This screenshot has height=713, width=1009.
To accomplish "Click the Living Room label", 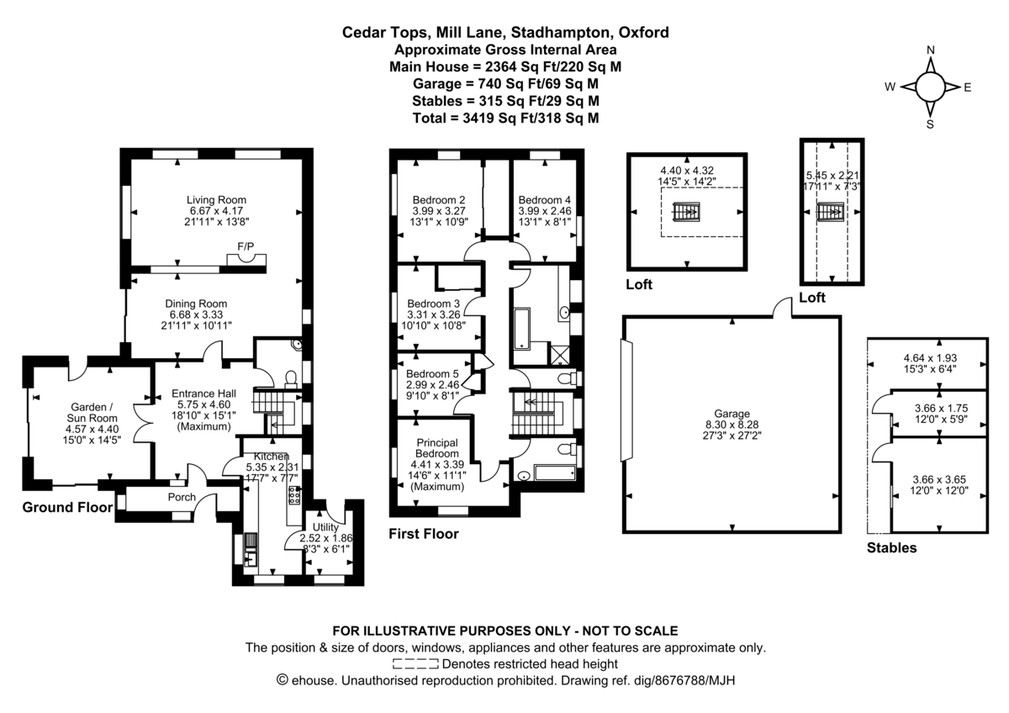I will click(217, 199).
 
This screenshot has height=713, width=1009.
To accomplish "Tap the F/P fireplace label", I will click(246, 246).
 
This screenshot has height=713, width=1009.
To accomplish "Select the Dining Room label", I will click(196, 304).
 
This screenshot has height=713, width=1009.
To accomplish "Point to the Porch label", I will click(182, 497).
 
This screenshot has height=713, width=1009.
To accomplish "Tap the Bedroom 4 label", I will click(544, 199).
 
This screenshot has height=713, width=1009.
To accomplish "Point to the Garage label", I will click(731, 414).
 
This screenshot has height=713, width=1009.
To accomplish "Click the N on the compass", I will click(931, 50).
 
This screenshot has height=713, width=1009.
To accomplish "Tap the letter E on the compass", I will click(968, 87).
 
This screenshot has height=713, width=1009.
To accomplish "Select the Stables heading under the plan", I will click(891, 548).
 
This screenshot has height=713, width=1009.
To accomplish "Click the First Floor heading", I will click(424, 533).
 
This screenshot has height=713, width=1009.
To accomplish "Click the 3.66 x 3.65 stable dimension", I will click(939, 478).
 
